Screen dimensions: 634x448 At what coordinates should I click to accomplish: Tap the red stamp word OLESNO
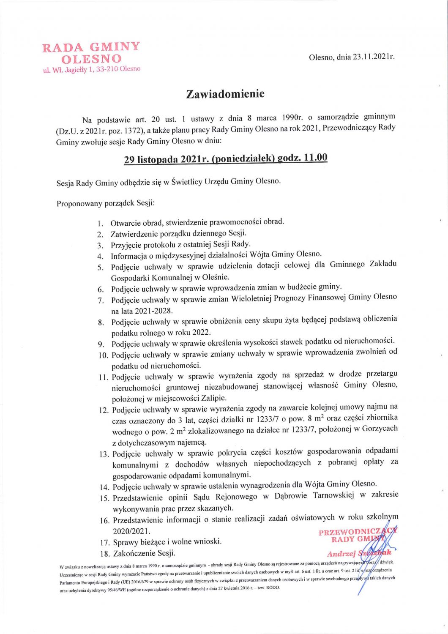point(91,58)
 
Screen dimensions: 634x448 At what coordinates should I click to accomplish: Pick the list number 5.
point(101,268)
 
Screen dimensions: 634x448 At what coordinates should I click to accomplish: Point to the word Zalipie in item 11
point(213,398)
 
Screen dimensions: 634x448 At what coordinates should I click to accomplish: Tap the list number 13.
point(104,454)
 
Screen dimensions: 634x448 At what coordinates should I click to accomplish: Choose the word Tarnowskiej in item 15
point(333,495)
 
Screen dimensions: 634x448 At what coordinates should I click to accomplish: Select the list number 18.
point(104,554)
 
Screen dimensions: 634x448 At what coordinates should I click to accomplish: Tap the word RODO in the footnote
point(273,588)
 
